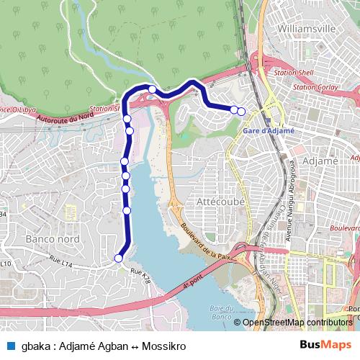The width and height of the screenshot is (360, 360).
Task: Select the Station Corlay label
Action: coord(315,87)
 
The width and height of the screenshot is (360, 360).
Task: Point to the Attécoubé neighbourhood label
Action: coord(220,203)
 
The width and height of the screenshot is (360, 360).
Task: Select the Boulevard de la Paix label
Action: coord(206,239)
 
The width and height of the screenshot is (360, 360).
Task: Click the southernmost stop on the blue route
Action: coord(119,258)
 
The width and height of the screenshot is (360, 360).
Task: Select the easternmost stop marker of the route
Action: coord(241,111)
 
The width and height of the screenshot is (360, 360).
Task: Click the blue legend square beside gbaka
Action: coord(10,346)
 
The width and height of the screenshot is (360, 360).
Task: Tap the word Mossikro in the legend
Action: coord(163,346)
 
